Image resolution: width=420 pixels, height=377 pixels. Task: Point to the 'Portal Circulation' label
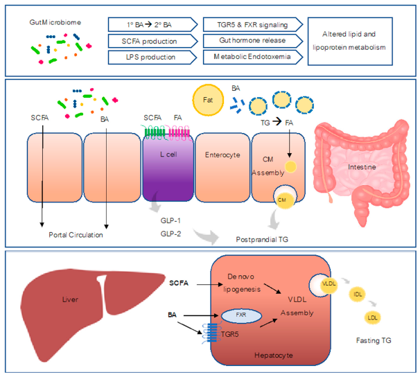(76, 235)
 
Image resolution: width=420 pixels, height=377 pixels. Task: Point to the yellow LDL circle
(373, 317)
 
